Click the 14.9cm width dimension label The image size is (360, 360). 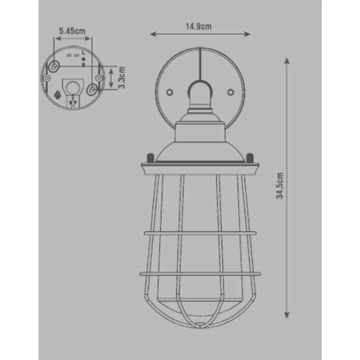tap(198, 26)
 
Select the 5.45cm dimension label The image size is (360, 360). tap(72, 31)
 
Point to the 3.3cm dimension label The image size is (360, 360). tap(122, 77)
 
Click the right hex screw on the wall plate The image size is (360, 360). tap(230, 92)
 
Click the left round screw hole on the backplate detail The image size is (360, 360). tap(47, 78)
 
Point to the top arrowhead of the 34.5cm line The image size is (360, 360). tap(287, 60)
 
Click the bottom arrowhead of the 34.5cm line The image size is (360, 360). tap(287, 315)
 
